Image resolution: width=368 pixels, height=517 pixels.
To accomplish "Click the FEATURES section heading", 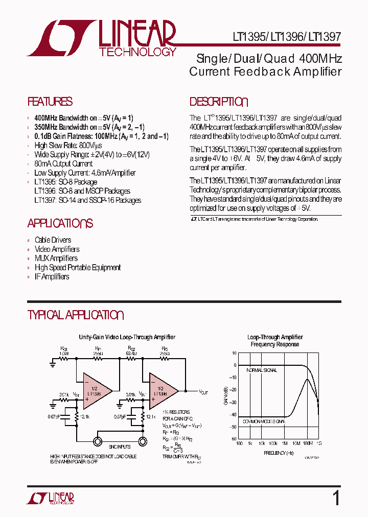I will point(50,102).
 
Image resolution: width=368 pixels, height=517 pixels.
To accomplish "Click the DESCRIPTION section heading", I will point(219,102).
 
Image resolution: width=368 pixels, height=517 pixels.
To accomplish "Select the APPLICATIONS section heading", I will point(60,223).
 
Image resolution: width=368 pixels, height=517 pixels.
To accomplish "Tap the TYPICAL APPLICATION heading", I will point(76,315).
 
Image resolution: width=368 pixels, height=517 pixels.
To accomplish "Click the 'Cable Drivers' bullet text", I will point(53,240).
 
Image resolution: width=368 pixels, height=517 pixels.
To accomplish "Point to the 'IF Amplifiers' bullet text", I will point(52,277).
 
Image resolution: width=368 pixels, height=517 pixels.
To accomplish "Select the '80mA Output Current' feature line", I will point(63,164).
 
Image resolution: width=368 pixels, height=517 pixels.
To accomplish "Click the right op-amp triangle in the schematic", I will point(162,391).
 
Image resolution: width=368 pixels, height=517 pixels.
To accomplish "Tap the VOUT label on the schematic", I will point(203,392).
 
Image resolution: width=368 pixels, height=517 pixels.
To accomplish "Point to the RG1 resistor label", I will point(64,348).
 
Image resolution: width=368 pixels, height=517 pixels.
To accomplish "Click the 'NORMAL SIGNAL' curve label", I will point(262,370).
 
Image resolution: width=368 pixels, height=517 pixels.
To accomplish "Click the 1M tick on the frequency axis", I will point(284,443).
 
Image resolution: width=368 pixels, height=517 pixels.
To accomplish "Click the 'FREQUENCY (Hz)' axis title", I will point(279,453).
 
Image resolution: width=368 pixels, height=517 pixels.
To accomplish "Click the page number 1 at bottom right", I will point(336,498).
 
